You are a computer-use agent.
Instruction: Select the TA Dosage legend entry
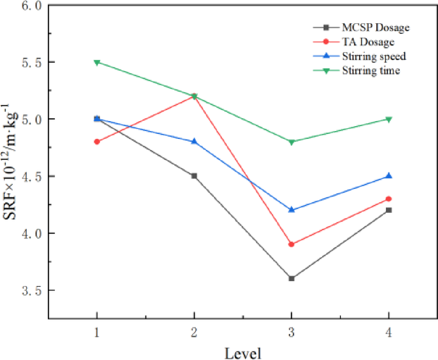click(369, 42)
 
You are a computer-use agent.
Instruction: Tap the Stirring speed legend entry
click(373, 56)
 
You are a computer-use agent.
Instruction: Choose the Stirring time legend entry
click(371, 70)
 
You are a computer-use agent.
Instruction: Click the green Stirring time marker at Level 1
click(97, 63)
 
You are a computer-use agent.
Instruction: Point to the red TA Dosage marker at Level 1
click(97, 142)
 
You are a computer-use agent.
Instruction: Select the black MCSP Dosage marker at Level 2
click(194, 176)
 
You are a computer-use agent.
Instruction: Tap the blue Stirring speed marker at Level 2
click(194, 142)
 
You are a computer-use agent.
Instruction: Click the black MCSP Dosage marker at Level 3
click(292, 278)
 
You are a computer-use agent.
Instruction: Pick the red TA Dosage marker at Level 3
click(292, 244)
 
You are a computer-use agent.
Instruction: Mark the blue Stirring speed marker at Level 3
click(292, 210)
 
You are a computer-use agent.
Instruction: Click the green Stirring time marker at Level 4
click(389, 119)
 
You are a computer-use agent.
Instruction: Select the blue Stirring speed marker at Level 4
click(389, 176)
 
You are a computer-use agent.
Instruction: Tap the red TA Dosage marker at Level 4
click(389, 199)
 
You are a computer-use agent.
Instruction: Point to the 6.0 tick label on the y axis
click(32, 6)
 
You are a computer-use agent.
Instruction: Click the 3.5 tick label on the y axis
click(32, 290)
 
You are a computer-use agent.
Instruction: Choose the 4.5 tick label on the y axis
click(32, 176)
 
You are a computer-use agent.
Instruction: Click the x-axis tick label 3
click(292, 331)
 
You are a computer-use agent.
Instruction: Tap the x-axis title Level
click(243, 351)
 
